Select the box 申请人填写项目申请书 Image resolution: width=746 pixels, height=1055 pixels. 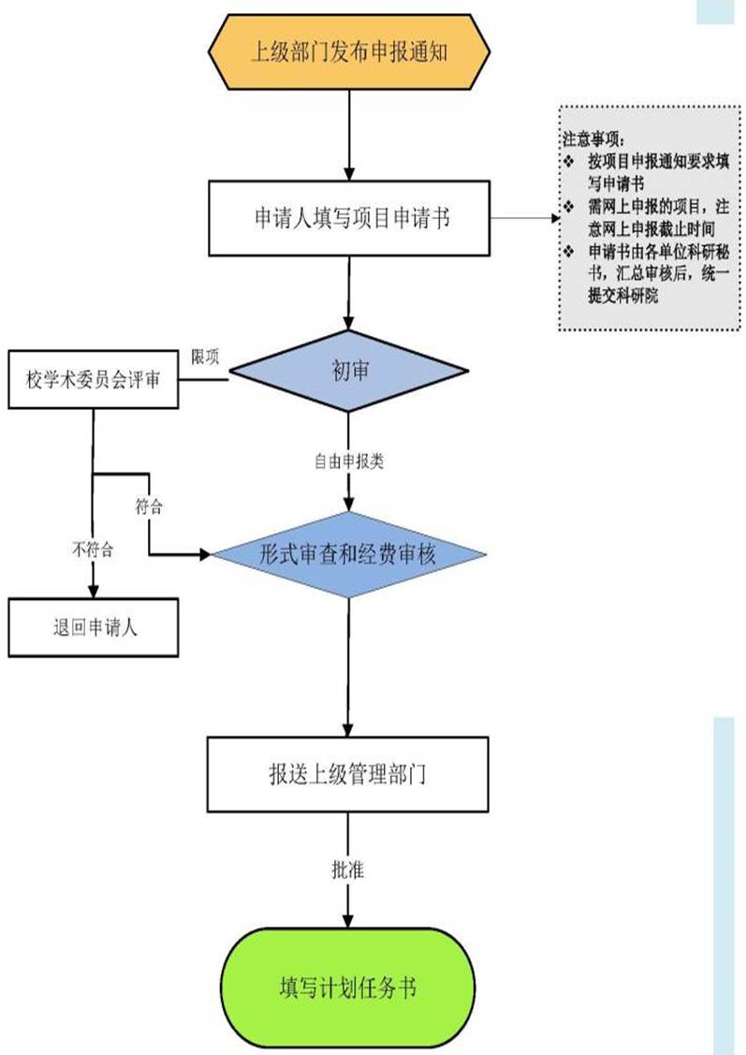point(348,218)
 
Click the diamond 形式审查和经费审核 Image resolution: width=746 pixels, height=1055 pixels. point(348,555)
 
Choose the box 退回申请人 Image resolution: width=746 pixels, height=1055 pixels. point(93,627)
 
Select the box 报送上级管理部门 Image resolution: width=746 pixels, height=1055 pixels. point(348,774)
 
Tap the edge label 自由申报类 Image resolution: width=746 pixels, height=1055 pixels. point(348,461)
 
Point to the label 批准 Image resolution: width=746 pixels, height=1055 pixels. point(347,870)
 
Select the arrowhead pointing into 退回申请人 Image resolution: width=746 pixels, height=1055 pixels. point(93,591)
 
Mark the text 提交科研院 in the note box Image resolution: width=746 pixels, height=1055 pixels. point(623,297)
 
